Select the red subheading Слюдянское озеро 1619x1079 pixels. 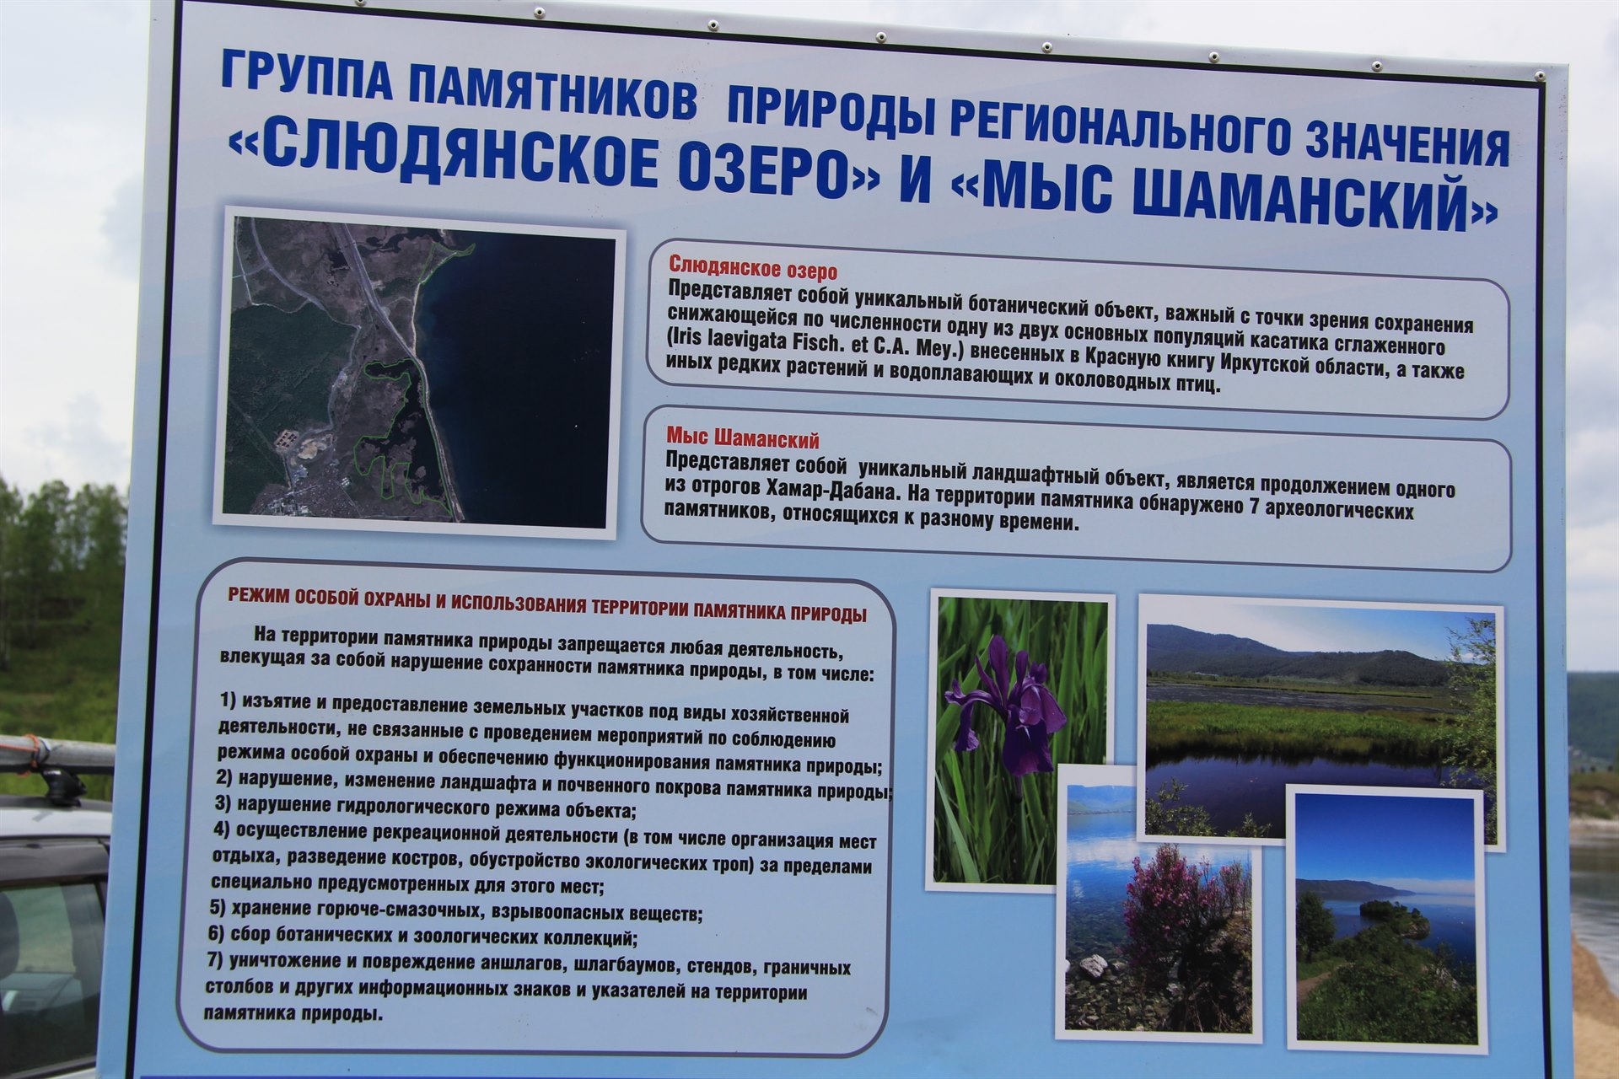752,271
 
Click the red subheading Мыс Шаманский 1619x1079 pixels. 742,438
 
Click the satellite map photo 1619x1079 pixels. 418,372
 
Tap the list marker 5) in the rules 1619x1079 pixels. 218,908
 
